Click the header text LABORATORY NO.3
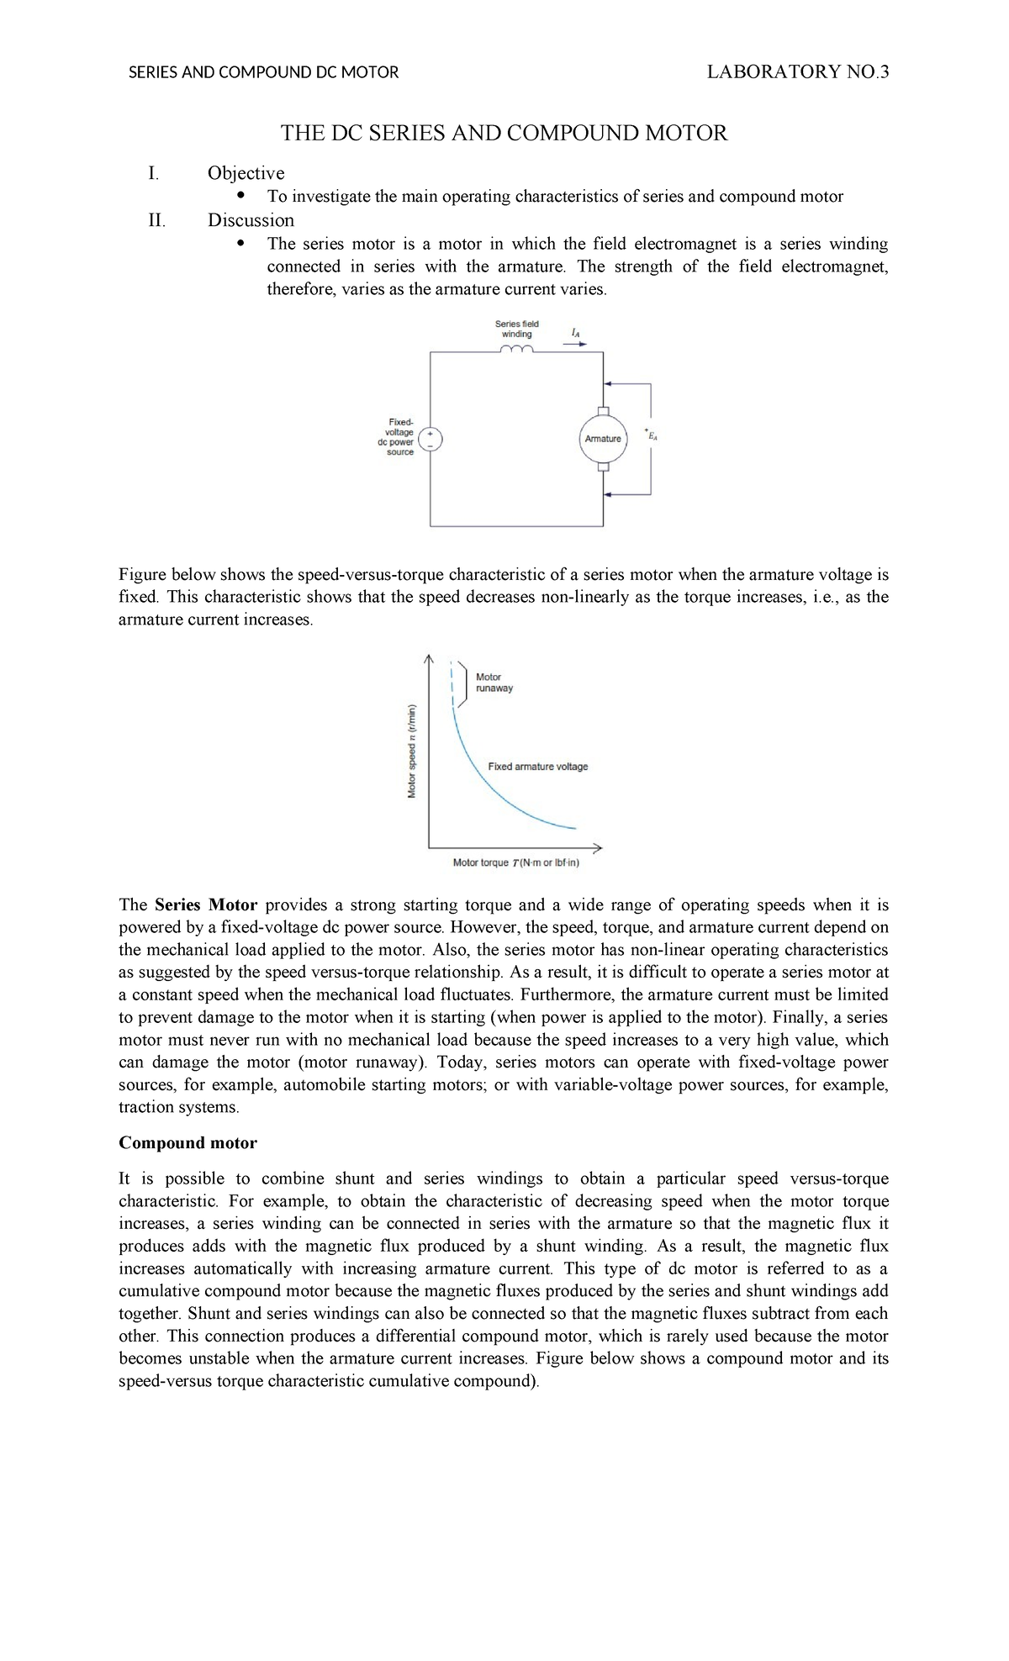(x=797, y=72)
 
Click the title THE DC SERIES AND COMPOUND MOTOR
(x=504, y=134)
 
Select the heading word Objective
(x=246, y=173)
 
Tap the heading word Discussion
(x=251, y=220)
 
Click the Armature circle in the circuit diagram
(x=602, y=439)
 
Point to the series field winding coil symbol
(x=516, y=350)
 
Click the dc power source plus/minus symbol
(x=430, y=439)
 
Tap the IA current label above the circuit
(x=576, y=333)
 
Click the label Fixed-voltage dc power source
(x=399, y=437)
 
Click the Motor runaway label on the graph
(x=494, y=683)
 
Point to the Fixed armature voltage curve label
(x=538, y=767)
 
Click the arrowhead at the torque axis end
(x=598, y=846)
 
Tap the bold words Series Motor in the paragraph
(x=206, y=905)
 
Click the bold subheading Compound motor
(x=188, y=1143)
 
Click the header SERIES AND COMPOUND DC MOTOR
(x=263, y=73)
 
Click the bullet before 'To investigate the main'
(x=241, y=196)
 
